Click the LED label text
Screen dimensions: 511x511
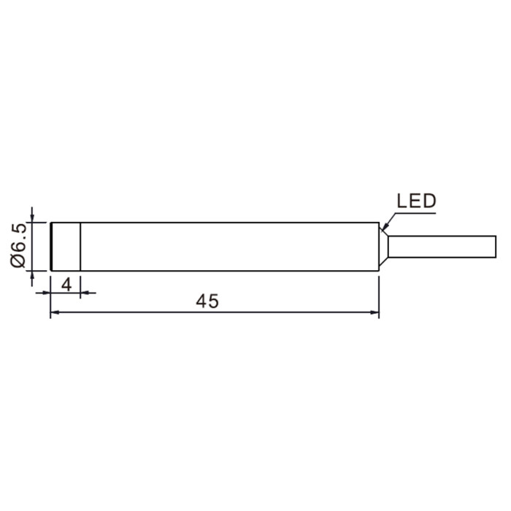coord(416,201)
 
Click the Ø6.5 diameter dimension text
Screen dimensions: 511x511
coord(18,246)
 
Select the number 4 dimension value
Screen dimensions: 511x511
coord(66,285)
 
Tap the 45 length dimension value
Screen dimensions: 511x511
coord(207,301)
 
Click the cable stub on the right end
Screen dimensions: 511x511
coord(442,247)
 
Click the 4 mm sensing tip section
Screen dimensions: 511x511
coord(66,247)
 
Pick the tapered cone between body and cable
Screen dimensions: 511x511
coord(383,247)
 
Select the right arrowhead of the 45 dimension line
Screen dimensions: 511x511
coord(374,312)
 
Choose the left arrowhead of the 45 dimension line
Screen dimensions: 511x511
coord(55,312)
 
